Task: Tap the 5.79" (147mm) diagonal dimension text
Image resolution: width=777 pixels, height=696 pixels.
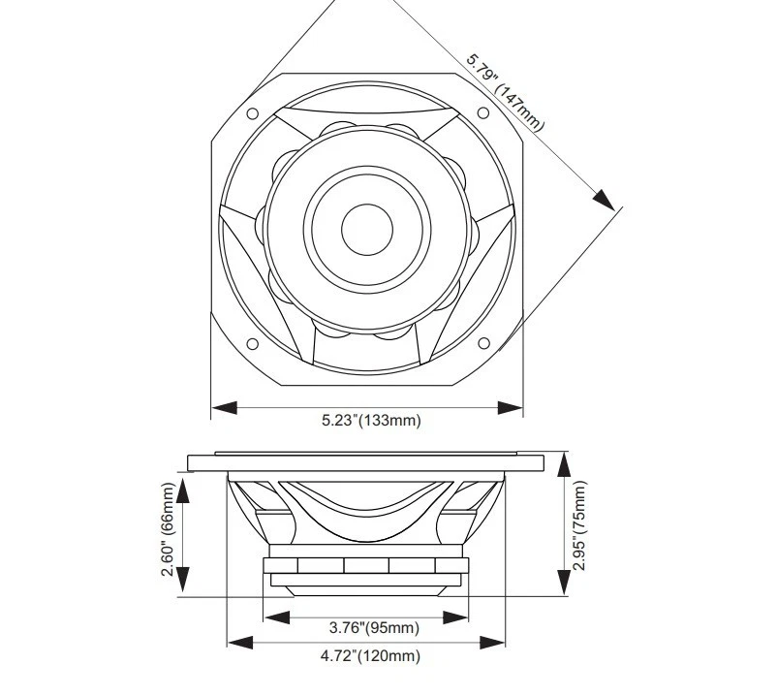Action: (506, 91)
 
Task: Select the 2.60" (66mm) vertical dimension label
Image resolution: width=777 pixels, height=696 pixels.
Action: (169, 530)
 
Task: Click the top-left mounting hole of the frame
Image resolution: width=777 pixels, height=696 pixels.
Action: (252, 113)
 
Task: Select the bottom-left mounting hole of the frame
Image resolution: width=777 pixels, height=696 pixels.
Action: (252, 343)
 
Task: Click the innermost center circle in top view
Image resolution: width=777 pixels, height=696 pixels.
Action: (367, 229)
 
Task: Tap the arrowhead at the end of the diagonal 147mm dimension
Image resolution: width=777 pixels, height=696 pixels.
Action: (605, 199)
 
